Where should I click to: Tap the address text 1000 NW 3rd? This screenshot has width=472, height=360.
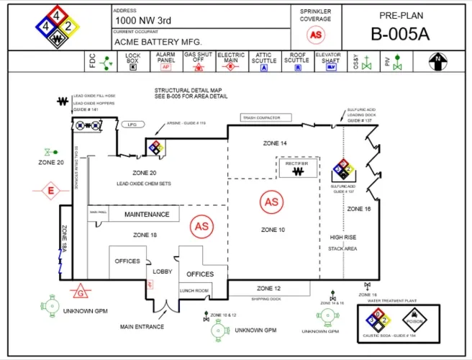pos(143,21)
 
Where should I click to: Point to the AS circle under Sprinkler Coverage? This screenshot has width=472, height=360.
pos(316,34)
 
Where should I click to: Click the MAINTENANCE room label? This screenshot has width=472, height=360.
pos(147,215)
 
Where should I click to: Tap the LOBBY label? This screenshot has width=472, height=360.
pos(162,271)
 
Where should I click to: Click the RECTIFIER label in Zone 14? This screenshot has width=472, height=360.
pos(296,164)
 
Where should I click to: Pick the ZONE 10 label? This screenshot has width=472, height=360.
pos(272,230)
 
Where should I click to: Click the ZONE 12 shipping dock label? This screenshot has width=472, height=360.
pos(268,289)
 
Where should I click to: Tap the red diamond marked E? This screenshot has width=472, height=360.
pos(50,191)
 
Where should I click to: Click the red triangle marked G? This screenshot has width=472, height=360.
pos(81,292)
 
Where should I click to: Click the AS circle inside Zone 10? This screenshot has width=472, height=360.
pos(271,202)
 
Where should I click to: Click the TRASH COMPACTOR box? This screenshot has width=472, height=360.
pos(260,118)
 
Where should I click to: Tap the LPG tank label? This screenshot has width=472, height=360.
pos(132,125)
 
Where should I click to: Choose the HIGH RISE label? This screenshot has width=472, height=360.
pos(343,237)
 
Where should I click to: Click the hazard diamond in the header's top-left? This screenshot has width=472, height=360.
pos(57,27)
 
